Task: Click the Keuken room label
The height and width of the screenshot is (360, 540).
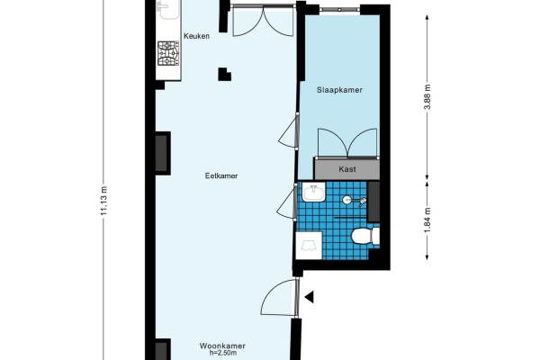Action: click(x=196, y=36)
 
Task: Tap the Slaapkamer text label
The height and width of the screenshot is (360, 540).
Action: click(x=339, y=90)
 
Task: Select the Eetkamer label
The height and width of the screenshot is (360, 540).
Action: click(x=221, y=175)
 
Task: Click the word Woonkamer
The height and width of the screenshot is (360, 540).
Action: click(x=222, y=346)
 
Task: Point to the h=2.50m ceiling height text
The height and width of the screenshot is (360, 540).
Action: click(x=223, y=353)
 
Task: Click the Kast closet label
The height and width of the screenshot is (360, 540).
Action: click(x=347, y=169)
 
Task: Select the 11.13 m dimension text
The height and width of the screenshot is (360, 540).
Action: click(x=104, y=201)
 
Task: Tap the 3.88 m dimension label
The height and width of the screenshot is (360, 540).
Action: click(x=427, y=96)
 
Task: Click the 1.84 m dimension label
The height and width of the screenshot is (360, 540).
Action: click(x=427, y=220)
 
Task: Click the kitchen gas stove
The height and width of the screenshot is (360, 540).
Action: click(x=168, y=53)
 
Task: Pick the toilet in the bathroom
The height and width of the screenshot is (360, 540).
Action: click(x=365, y=236)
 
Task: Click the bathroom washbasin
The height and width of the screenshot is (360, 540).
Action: click(x=314, y=192)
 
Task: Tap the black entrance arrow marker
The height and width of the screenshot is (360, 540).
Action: click(x=309, y=297)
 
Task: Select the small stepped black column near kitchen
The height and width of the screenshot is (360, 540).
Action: click(x=224, y=75)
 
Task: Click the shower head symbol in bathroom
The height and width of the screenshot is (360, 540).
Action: click(x=363, y=201)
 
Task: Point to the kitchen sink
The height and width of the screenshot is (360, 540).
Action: click(x=167, y=9)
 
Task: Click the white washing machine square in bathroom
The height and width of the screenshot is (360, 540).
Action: click(x=309, y=246)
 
